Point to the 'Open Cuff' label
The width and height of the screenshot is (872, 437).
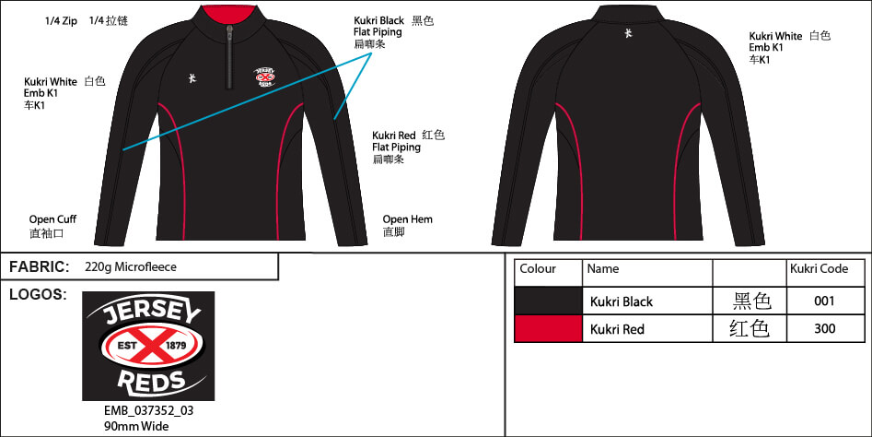[53, 219]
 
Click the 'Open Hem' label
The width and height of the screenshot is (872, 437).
[407, 219]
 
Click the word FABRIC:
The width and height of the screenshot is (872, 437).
[39, 266]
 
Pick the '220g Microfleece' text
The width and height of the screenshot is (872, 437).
[130, 267]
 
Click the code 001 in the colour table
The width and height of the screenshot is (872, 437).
[825, 301]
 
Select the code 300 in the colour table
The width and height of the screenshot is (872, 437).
[825, 329]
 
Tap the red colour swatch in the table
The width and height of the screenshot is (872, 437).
[548, 329]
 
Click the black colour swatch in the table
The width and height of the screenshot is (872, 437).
[548, 301]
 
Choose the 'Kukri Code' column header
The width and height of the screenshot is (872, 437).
[819, 269]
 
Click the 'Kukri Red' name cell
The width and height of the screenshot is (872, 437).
[617, 329]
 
